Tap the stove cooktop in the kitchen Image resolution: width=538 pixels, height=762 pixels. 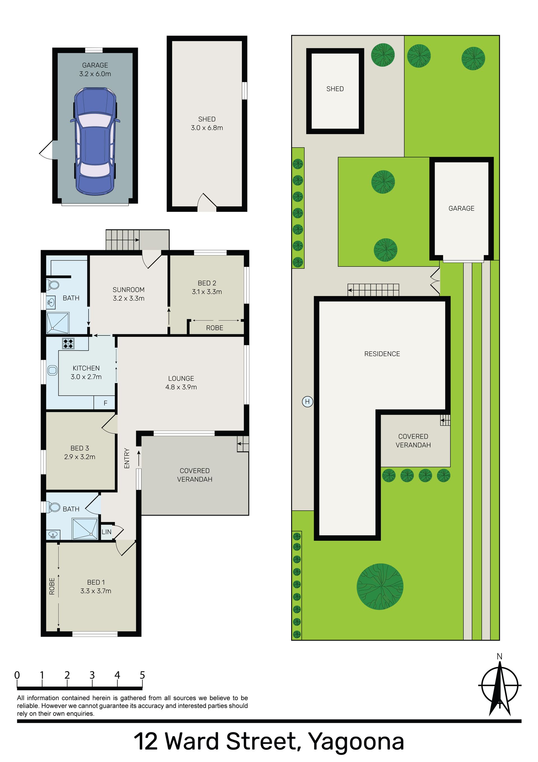(x=68, y=343)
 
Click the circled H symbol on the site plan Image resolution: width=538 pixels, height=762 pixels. (x=307, y=402)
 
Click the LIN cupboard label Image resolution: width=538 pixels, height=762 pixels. (x=106, y=532)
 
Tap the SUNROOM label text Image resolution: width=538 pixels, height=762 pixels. (x=128, y=290)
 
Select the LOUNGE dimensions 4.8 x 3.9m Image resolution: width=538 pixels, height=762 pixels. (x=181, y=387)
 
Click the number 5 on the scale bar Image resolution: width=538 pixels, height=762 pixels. (x=142, y=675)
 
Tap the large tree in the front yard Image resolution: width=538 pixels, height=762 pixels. (x=380, y=586)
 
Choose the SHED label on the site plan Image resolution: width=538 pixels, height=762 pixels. (x=335, y=89)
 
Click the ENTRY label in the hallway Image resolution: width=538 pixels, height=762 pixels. (x=127, y=458)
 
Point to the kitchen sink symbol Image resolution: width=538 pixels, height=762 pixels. (x=52, y=370)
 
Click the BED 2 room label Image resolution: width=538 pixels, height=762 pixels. (x=207, y=283)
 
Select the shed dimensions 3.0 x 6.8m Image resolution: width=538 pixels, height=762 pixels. (x=207, y=128)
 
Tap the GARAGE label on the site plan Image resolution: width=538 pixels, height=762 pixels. (x=462, y=208)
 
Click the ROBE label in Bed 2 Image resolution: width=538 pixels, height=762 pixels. (x=215, y=328)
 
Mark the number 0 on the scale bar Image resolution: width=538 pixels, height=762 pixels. (x=17, y=675)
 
